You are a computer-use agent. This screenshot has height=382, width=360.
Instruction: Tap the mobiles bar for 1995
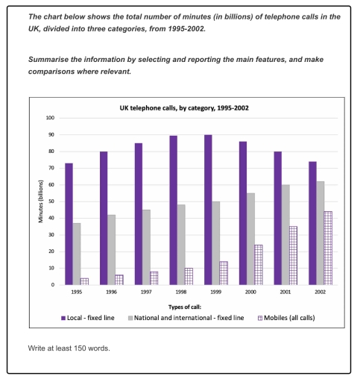[x=85, y=281]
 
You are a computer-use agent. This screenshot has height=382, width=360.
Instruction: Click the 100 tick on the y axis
[x=51, y=118]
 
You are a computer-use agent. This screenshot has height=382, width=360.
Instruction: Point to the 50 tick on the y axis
[x=52, y=201]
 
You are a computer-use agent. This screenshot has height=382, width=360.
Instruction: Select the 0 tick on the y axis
[x=54, y=284]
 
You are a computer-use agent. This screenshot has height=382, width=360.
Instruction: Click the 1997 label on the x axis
[x=145, y=294]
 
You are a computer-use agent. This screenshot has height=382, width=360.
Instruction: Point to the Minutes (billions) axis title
[x=42, y=201]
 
